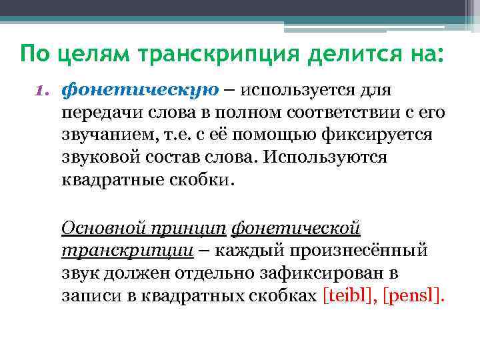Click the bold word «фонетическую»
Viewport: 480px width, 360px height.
tap(136, 90)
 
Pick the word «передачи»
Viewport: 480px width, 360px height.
tap(97, 113)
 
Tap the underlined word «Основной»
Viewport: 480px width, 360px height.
tap(99, 228)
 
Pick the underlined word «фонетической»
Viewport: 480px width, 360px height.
tap(295, 229)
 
